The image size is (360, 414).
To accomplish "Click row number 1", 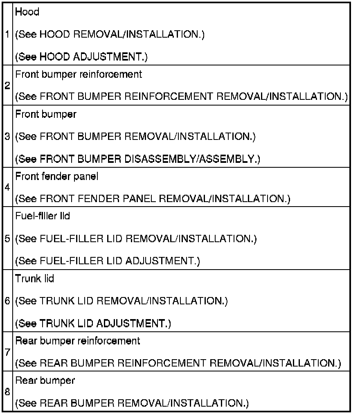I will (7, 35).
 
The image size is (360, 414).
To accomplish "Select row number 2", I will (7, 86).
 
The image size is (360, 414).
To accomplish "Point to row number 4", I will (7, 188).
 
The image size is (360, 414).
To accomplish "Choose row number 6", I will (7, 301).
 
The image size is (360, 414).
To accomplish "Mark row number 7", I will (7, 352).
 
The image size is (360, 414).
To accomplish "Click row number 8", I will (7, 392).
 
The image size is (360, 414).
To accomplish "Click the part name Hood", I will (27, 12).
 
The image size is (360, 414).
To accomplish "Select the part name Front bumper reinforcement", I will (79, 74).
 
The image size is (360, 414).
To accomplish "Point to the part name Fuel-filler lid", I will (43, 216).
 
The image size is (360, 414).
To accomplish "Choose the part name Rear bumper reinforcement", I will (78, 340).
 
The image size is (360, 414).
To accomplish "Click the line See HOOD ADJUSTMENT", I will (82, 57).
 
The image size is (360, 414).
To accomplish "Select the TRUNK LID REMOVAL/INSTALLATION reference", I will (121, 301).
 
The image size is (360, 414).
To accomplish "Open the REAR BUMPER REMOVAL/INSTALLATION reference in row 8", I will (132, 404).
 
